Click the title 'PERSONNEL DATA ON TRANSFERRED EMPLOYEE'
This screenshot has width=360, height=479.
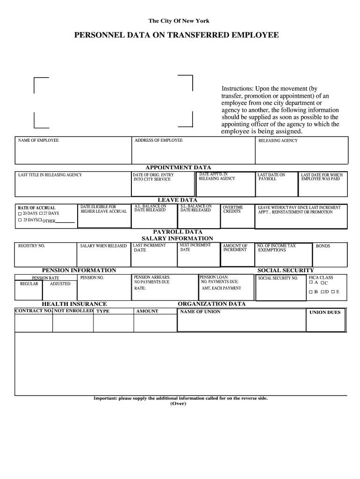click(179, 36)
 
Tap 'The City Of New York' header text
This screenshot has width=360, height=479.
click(179, 21)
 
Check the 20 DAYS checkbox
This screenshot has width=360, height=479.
click(20, 213)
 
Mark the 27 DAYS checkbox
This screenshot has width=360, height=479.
click(41, 213)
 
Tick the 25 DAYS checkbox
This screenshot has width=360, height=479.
click(20, 220)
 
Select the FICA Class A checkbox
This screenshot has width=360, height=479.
click(311, 283)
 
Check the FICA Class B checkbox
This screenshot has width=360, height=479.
click(311, 292)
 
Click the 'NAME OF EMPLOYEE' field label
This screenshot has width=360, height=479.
click(38, 140)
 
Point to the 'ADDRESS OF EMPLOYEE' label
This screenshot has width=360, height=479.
click(158, 140)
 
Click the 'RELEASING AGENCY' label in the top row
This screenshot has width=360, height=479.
click(278, 141)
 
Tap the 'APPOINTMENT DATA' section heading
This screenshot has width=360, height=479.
click(178, 167)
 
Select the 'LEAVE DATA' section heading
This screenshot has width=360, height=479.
click(177, 200)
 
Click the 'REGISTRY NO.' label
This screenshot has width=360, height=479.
click(31, 246)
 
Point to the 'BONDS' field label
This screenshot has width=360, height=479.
click(323, 246)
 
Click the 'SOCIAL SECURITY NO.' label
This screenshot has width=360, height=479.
click(278, 278)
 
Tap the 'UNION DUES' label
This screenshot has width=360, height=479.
click(325, 312)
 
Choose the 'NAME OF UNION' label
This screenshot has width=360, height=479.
click(200, 312)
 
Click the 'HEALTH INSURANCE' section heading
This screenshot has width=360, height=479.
click(74, 304)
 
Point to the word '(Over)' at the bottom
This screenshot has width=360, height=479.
click(179, 404)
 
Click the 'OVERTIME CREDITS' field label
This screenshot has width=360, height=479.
click(233, 209)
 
